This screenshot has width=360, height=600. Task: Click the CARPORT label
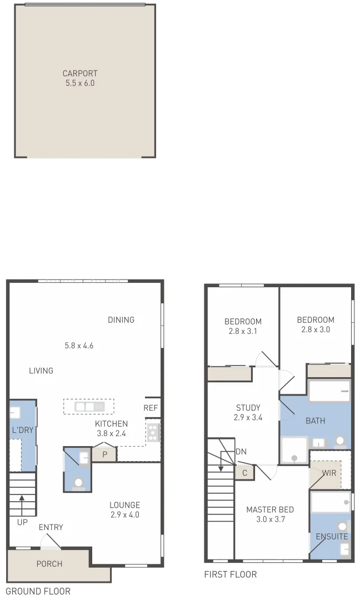click(x=80, y=73)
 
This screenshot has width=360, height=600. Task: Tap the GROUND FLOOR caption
click(x=38, y=591)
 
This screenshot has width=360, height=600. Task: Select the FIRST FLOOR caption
click(x=231, y=574)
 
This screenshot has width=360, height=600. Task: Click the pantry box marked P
click(x=104, y=454)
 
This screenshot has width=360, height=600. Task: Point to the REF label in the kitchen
click(x=151, y=408)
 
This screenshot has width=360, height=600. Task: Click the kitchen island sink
click(x=89, y=406)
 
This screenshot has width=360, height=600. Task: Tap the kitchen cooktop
click(x=153, y=432)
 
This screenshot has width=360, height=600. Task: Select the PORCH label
click(x=49, y=564)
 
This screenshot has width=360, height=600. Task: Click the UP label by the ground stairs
click(x=22, y=523)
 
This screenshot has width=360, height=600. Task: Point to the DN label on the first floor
click(x=241, y=451)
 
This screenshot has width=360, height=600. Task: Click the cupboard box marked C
click(x=244, y=472)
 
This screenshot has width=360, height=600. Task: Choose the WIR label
click(x=329, y=473)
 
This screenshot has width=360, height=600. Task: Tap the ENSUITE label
click(x=332, y=537)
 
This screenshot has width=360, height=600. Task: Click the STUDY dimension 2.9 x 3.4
click(x=248, y=417)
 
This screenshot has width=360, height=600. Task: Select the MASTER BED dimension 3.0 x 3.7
click(x=270, y=519)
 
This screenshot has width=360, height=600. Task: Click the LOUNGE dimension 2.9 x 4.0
click(x=124, y=514)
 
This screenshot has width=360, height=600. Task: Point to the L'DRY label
click(x=22, y=431)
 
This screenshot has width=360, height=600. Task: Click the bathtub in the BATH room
click(x=329, y=391)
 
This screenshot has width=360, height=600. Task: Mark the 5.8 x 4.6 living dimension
click(x=79, y=346)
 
